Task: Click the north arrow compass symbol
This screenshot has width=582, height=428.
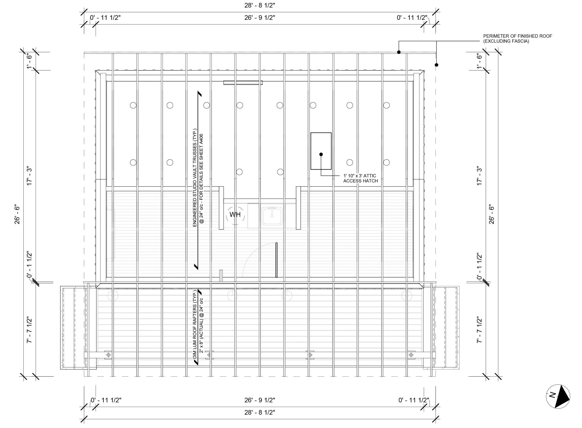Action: pos(558,396)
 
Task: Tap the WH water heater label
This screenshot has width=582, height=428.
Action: pos(235,215)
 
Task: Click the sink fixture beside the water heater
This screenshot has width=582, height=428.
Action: pos(272,216)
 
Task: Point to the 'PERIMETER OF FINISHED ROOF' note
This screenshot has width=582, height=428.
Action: pos(518,39)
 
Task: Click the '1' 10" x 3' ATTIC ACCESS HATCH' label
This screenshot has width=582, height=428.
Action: pos(360,178)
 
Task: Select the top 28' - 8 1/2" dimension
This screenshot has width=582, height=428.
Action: pos(260,5)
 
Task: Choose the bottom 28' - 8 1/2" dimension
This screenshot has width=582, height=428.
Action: pos(260,412)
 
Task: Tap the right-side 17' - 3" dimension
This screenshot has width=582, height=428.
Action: pos(479,176)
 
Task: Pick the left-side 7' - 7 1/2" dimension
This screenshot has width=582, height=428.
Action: pos(29,330)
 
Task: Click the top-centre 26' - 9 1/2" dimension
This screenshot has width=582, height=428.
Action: pos(260,18)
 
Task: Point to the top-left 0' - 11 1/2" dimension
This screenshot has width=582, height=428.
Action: pos(105,18)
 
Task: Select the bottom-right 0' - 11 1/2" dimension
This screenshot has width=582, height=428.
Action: pos(414,400)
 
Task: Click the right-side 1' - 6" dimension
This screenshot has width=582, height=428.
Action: pos(479,61)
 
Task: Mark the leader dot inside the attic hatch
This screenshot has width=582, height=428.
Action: pos(321,154)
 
